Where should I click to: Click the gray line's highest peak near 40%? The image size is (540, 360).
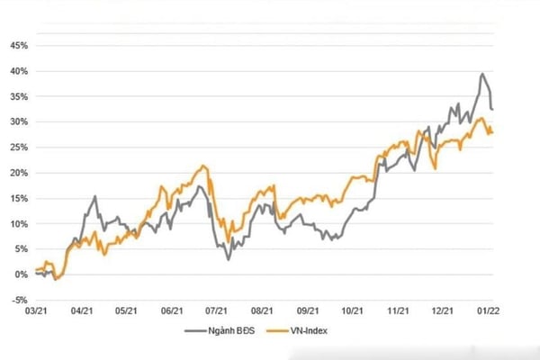pos(482,74)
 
